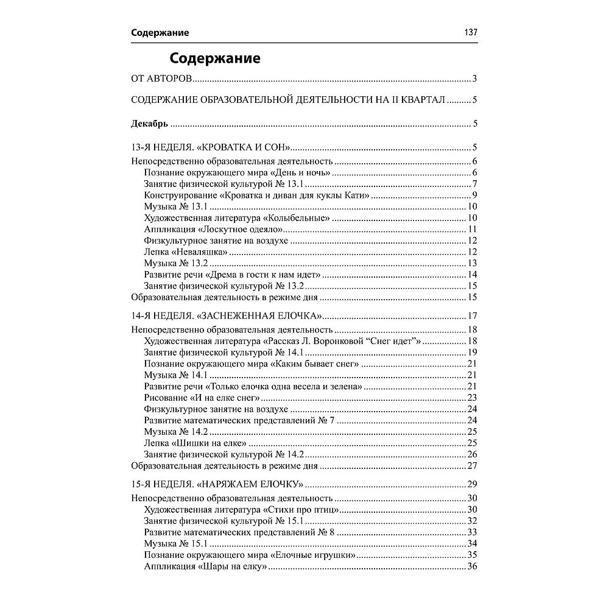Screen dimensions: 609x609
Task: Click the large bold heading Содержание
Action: click(x=215, y=58)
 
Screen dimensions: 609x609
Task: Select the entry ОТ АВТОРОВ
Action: click(x=162, y=80)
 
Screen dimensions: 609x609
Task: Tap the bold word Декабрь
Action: click(x=150, y=124)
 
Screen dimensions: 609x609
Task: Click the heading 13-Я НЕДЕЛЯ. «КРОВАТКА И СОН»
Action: click(x=209, y=147)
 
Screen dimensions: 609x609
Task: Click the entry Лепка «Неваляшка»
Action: click(x=186, y=252)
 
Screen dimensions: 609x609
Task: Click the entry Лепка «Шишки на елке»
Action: click(x=195, y=443)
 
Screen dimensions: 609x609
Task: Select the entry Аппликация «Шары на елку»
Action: click(x=206, y=566)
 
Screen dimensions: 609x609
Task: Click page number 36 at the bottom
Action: click(x=471, y=566)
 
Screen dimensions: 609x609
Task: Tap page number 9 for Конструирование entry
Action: click(x=474, y=195)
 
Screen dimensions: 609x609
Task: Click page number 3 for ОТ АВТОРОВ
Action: click(x=474, y=80)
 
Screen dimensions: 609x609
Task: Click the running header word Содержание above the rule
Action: click(x=160, y=33)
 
